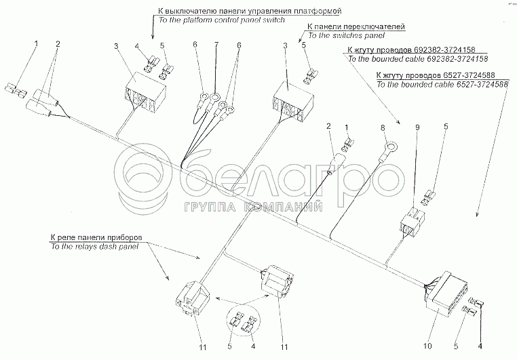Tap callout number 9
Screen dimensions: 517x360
(418, 126)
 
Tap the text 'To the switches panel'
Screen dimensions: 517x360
(345, 35)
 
